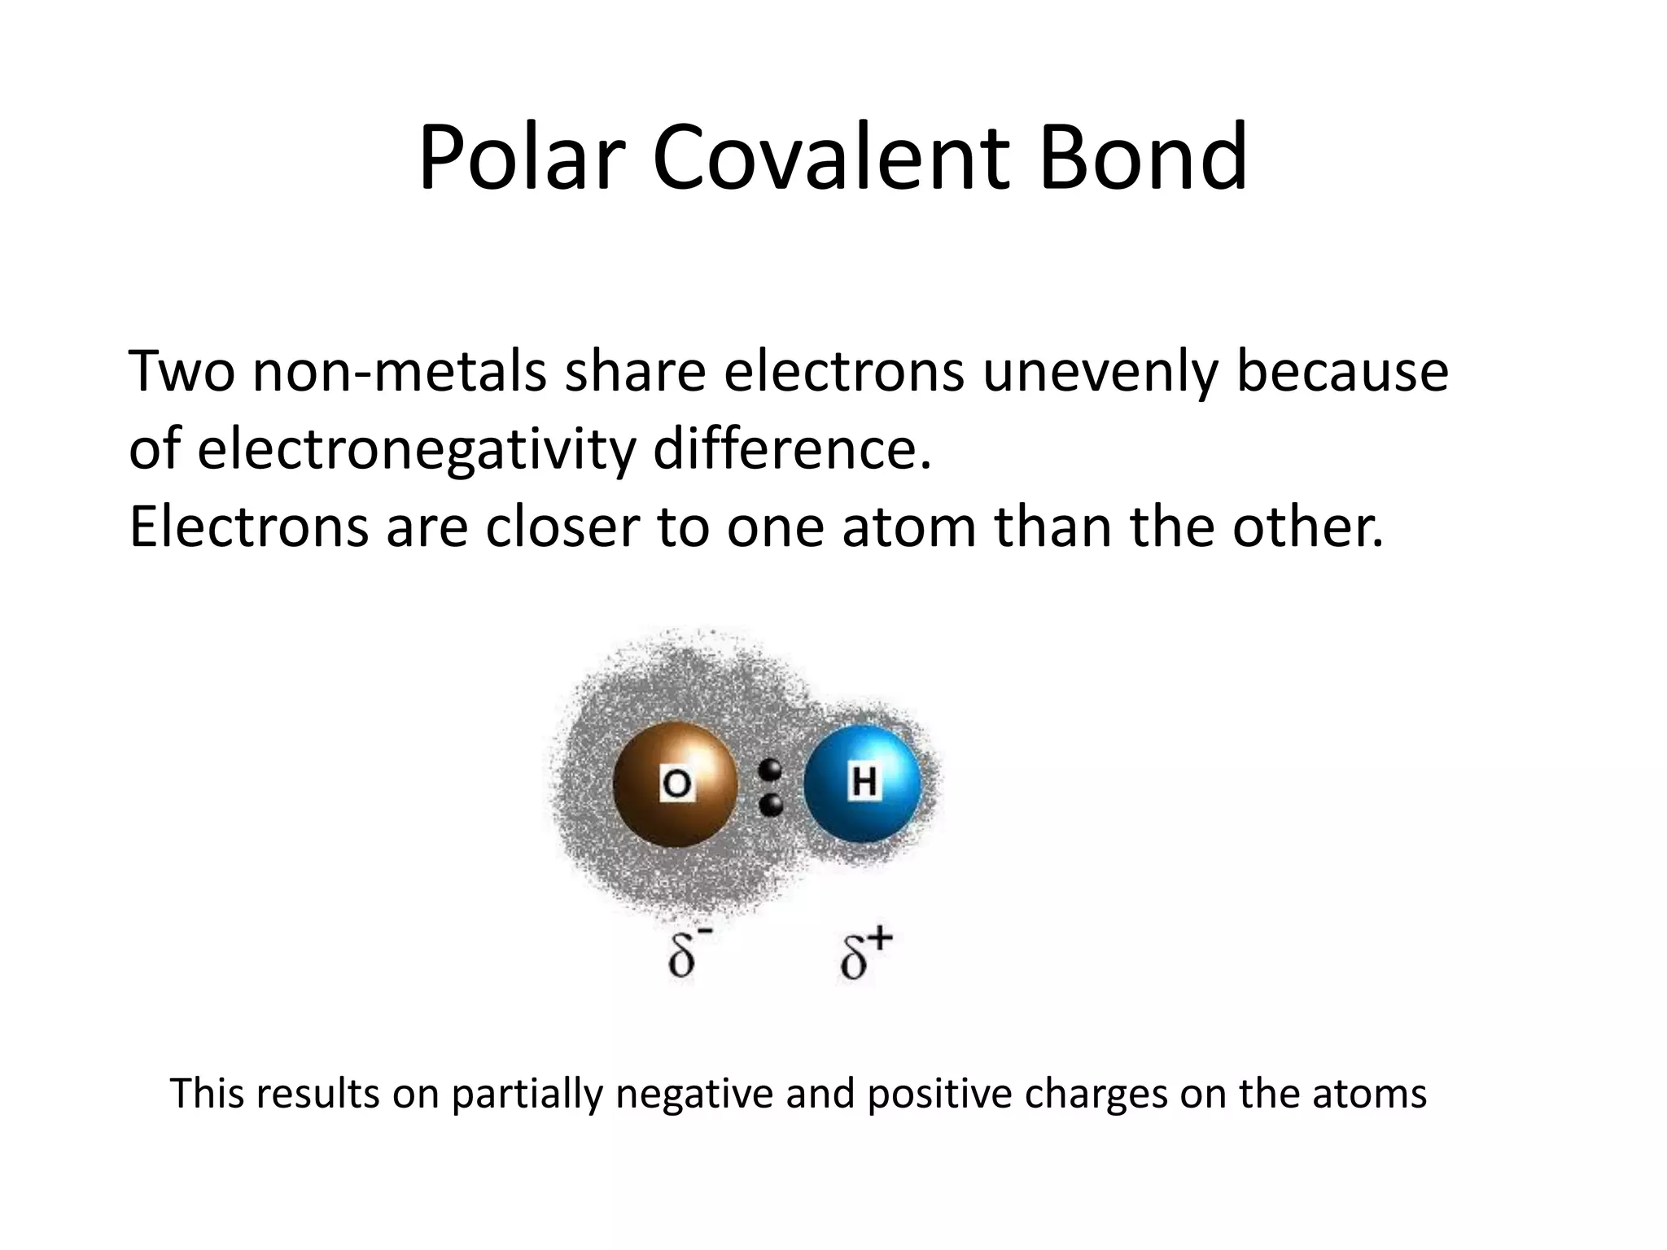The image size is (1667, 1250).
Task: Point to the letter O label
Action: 676,785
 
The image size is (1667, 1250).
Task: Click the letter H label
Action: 863,782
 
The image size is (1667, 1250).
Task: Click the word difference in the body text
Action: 792,448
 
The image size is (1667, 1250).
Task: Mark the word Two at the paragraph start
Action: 181,371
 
